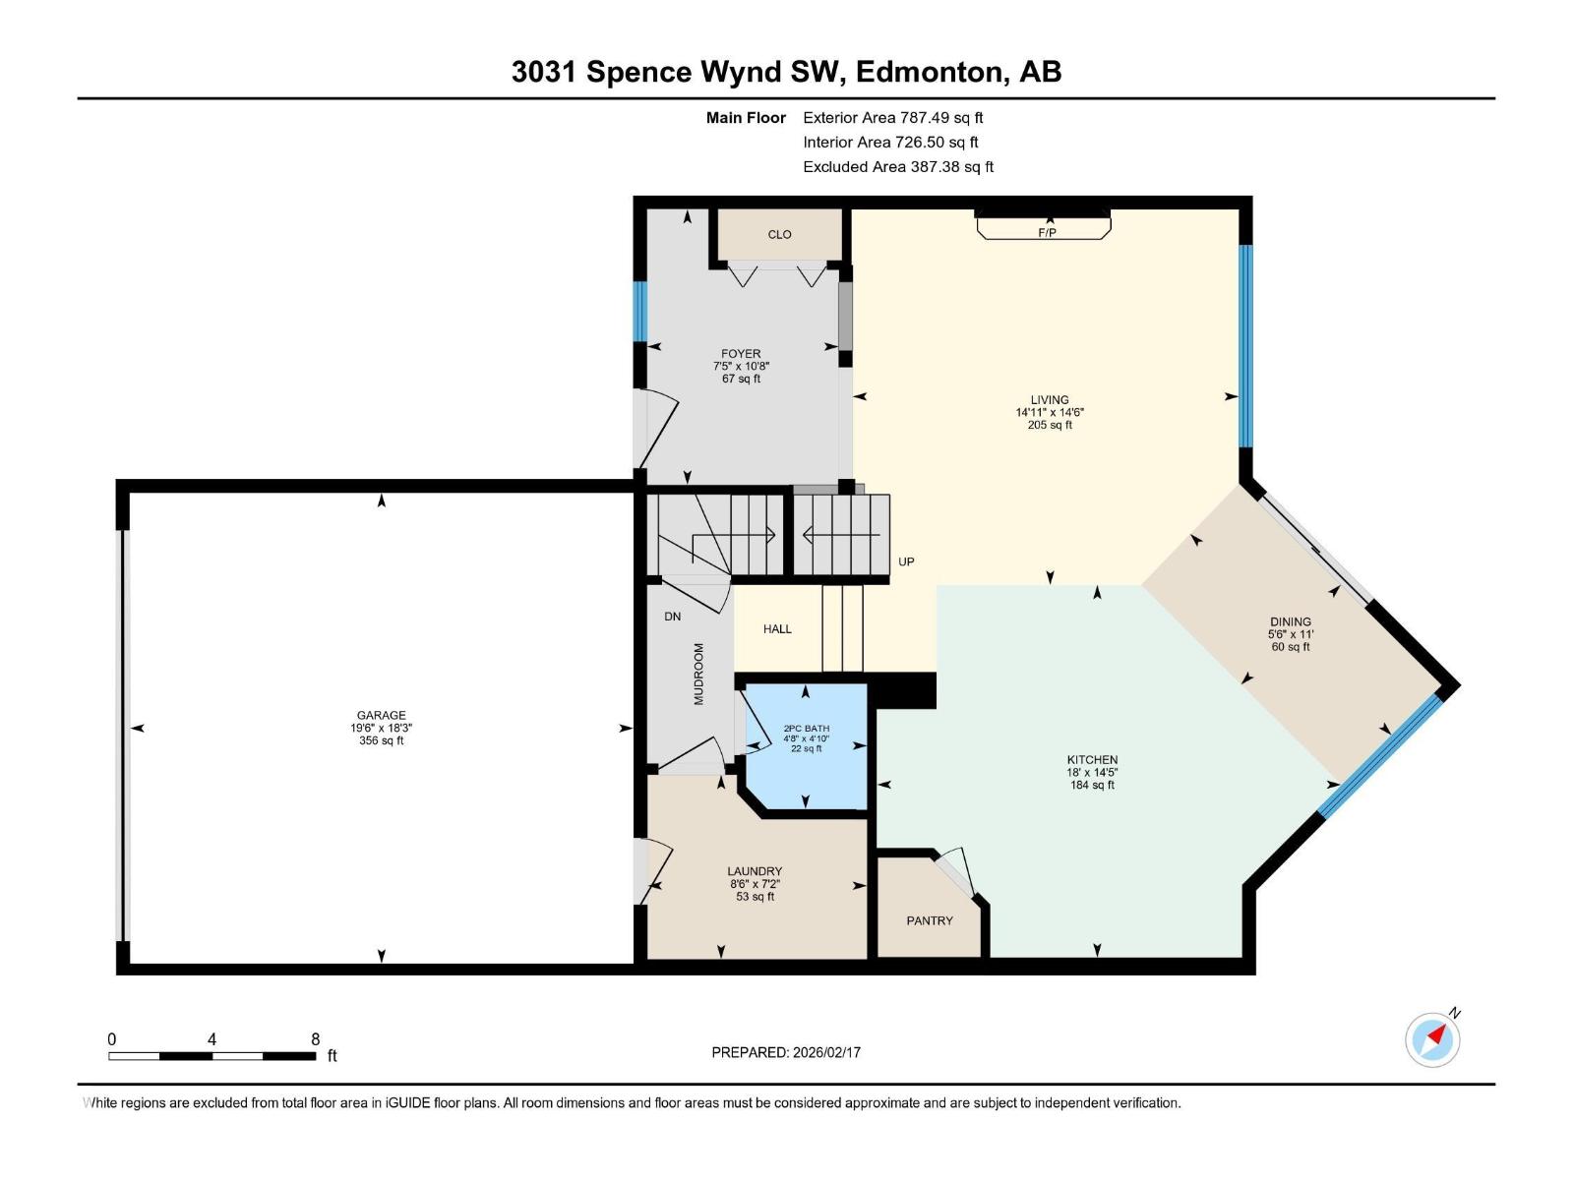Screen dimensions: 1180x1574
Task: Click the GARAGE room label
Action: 381,716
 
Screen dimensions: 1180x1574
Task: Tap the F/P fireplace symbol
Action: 1046,233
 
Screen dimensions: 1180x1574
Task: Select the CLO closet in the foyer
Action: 779,234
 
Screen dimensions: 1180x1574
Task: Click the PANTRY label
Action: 930,921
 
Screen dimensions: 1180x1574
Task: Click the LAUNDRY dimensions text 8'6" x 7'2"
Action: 755,884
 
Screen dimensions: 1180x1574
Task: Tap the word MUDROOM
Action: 699,675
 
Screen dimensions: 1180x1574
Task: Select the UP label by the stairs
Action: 906,562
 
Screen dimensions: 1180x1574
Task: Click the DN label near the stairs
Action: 672,617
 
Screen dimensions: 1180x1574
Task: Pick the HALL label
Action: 777,629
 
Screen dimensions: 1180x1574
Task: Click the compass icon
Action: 1432,1039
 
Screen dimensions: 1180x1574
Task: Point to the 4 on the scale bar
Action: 212,1039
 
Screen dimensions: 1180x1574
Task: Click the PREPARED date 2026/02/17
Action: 826,1052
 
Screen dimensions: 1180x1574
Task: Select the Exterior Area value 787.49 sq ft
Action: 941,118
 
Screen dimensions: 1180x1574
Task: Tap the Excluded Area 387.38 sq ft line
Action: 897,167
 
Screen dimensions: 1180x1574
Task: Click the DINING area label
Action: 1290,621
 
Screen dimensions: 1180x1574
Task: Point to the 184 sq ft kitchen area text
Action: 1092,786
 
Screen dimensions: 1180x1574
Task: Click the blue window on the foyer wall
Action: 640,311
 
